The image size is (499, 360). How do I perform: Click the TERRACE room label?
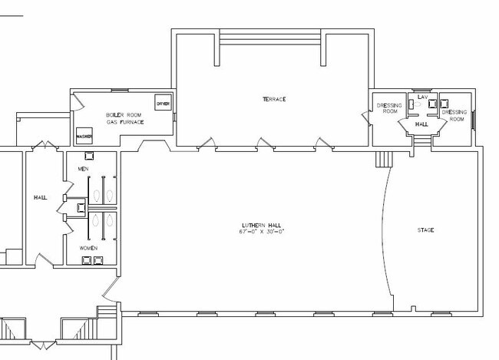point(274,99)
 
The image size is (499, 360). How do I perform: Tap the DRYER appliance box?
point(164,103)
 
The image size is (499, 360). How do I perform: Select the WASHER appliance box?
point(84,136)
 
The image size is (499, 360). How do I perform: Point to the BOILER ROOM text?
point(124,115)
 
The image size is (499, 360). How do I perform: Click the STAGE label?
point(425,230)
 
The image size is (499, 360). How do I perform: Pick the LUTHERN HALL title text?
point(262,226)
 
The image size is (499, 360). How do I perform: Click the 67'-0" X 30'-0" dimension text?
point(261,232)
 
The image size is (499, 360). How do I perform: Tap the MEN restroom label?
point(84,169)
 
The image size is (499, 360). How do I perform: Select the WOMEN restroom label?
point(88,248)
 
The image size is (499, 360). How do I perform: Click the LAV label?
point(423,97)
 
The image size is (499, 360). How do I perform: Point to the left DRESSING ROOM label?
point(389,108)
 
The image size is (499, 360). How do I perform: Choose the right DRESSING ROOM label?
point(454,116)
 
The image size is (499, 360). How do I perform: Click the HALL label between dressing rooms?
point(421,124)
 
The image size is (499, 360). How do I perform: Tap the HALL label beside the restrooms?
point(41,198)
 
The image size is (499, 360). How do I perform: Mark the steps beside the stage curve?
point(385,159)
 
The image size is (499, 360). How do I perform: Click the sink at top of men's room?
point(89,156)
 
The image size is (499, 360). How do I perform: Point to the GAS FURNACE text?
point(125,122)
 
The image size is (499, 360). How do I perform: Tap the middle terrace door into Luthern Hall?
point(266,144)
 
